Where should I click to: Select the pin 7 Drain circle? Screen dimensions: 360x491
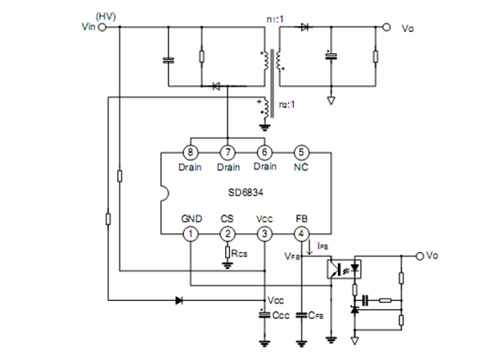(x=227, y=152)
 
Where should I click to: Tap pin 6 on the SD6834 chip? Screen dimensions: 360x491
(x=264, y=152)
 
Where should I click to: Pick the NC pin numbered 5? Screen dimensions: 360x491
(x=301, y=152)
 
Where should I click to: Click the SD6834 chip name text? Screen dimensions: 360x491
(x=245, y=193)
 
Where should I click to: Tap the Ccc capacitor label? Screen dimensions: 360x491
(x=280, y=313)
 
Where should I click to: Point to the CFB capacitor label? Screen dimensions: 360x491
(x=318, y=313)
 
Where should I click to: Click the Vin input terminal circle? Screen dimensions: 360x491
(x=102, y=27)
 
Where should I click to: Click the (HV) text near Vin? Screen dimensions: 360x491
(x=106, y=15)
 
